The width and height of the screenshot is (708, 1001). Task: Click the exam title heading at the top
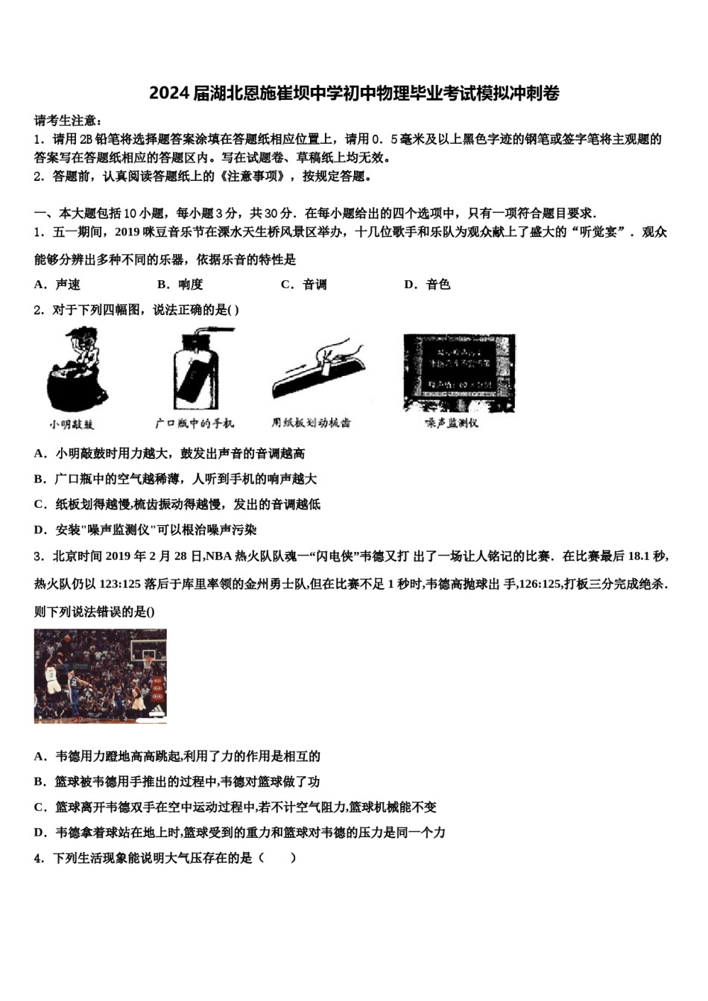pos(354,93)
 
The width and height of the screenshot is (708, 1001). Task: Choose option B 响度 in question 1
pos(180,285)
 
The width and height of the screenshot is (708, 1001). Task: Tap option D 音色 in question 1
pos(427,285)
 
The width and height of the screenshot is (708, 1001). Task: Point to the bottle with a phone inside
pos(195,368)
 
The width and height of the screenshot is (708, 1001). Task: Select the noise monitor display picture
pos(458,372)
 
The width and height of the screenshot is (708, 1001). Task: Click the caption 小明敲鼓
pos(72,425)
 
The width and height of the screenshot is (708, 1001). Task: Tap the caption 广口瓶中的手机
pos(195,424)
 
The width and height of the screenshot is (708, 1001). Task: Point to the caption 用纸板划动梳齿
pos(311,423)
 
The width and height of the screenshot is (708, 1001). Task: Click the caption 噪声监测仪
pos(452,424)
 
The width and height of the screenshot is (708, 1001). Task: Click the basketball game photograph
pos(101,676)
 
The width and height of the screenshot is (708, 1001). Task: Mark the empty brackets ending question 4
pos(278,858)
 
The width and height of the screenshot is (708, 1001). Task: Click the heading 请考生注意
pos(68,121)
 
